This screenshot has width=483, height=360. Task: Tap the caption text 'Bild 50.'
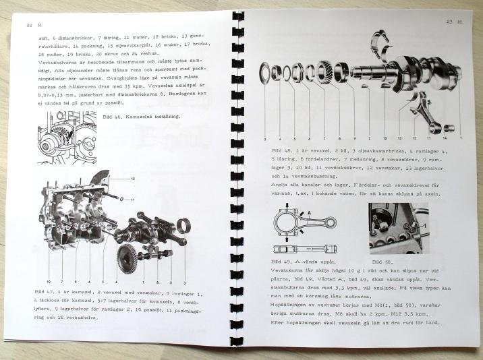(382, 260)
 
